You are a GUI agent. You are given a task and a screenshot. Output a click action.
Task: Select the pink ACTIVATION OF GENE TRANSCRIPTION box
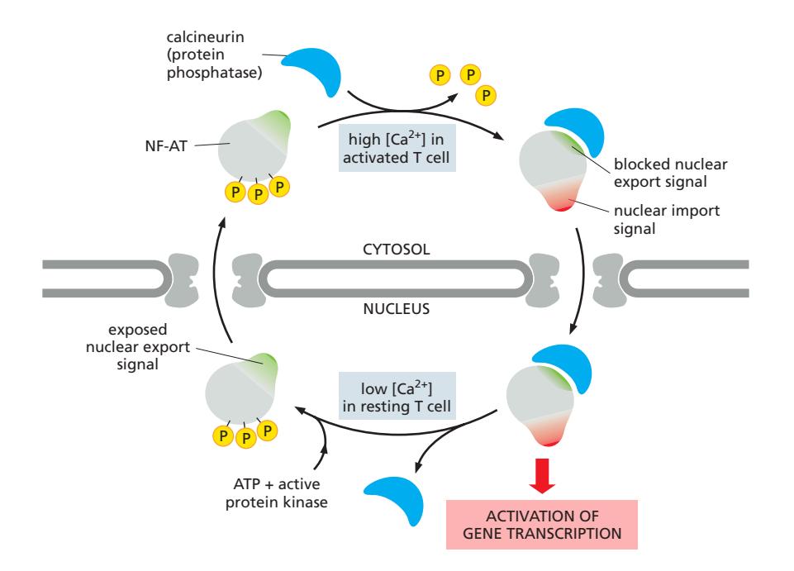click(543, 525)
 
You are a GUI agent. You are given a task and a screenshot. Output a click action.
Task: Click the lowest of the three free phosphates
click(485, 96)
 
